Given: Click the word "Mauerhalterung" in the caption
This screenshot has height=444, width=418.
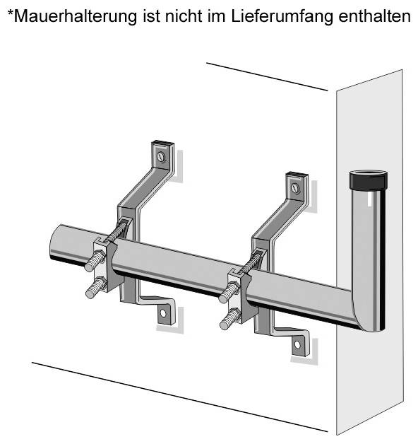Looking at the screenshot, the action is [76, 16].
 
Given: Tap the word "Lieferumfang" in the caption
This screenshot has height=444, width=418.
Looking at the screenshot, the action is [282, 16].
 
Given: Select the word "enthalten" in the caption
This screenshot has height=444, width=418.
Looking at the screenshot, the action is [374, 16].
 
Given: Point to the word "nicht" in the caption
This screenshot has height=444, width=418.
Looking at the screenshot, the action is [184, 16].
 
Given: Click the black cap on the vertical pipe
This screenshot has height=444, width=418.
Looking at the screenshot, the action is [369, 180].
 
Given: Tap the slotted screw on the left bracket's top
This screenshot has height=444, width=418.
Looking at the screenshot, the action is [161, 156].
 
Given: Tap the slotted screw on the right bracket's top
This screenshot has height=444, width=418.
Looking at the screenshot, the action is [296, 188].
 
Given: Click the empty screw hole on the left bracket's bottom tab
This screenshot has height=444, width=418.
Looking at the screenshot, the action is [163, 313].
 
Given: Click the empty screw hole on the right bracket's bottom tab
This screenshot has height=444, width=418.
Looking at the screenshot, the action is [297, 344].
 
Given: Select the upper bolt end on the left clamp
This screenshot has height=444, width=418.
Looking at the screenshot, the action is [94, 260].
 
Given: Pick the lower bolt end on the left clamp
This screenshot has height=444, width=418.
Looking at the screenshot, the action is [95, 288].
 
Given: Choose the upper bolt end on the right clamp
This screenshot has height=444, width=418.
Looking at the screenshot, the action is [228, 293].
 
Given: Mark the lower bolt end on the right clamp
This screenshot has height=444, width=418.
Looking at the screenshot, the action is [229, 319].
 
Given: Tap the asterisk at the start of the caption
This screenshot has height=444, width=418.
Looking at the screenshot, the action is [11, 13].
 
